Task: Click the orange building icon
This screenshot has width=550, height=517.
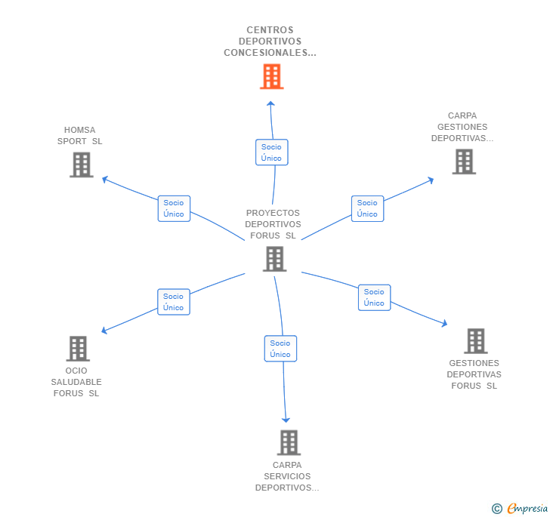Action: [272, 76]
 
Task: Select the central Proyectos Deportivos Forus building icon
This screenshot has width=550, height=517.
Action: [275, 259]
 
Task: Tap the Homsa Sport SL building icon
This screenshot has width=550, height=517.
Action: [82, 165]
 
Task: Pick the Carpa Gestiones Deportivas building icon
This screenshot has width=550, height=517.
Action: [464, 162]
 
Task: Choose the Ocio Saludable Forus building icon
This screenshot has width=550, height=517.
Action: [78, 349]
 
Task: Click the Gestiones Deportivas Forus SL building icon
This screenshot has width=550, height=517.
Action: [476, 340]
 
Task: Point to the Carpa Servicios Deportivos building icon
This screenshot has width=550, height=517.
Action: [289, 442]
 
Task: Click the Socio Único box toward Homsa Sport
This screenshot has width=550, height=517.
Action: [174, 208]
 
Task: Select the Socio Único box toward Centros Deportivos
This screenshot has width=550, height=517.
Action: [272, 152]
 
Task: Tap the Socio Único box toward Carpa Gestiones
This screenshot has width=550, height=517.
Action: [368, 208]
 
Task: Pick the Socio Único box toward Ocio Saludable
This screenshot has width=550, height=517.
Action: [174, 302]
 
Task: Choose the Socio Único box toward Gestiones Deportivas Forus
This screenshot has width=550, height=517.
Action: [374, 297]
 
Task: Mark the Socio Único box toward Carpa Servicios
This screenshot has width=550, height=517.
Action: [280, 349]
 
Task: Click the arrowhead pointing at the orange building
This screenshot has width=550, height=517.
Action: [270, 103]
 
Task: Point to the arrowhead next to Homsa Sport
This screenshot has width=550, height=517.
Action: [104, 180]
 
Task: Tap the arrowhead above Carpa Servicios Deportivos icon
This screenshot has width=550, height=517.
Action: [286, 420]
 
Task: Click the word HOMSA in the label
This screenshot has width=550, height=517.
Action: [79, 130]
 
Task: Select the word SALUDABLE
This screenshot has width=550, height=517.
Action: [76, 382]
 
